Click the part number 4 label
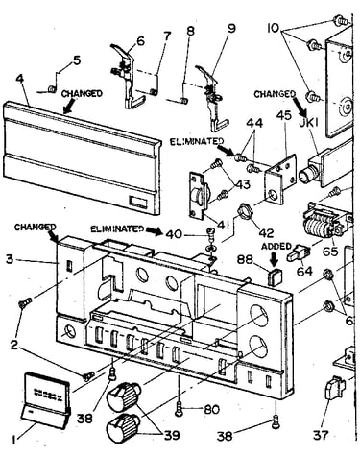coord(19,80)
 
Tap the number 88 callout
coord(245,259)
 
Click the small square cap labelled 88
coord(276,276)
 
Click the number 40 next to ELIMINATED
coord(174,234)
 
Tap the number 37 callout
coord(321,435)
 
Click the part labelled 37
coord(335,387)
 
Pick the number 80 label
coord(211,409)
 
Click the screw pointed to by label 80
coord(179,409)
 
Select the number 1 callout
coord(14,441)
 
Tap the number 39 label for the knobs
coord(172,435)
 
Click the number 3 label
coord(10,259)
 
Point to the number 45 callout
coord(284,115)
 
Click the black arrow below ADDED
coord(274,258)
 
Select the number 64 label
coord(304,271)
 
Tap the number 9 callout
coord(231,28)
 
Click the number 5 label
coord(77,60)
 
